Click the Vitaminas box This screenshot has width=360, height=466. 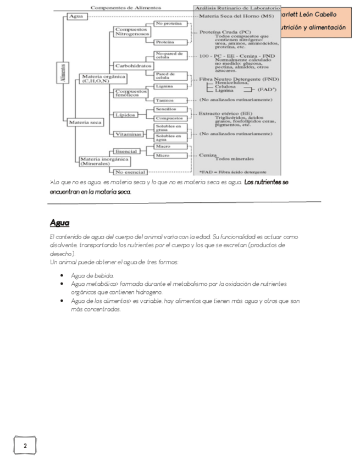tap(128, 134)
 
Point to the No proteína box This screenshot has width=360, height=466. tap(169, 24)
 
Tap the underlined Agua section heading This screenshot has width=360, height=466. tap(59, 223)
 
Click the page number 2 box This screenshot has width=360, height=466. tap(25, 445)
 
